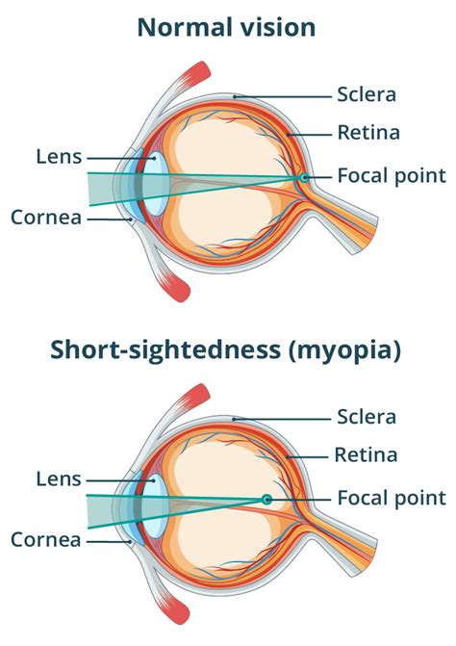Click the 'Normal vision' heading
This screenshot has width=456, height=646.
click(x=226, y=27)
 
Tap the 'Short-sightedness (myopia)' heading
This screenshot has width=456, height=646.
click(x=225, y=349)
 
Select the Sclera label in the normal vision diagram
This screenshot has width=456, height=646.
click(x=367, y=94)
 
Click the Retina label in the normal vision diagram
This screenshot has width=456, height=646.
click(x=368, y=133)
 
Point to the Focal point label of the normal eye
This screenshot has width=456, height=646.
click(x=392, y=176)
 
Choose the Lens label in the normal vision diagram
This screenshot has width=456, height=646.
click(x=59, y=157)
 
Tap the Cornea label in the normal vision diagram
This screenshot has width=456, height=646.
click(x=46, y=218)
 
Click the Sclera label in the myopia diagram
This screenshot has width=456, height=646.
click(x=367, y=417)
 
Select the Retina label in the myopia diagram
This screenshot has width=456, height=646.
click(x=366, y=455)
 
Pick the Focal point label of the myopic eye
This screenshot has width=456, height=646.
click(x=392, y=499)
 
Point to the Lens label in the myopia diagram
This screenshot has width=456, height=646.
click(x=59, y=479)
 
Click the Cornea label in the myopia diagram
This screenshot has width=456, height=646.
click(x=46, y=540)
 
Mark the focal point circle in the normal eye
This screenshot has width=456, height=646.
click(x=304, y=177)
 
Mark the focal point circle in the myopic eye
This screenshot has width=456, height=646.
click(x=266, y=500)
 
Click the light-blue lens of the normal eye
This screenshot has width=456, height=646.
click(x=157, y=184)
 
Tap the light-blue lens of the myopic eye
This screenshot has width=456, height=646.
click(x=156, y=506)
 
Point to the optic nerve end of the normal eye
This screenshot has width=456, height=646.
click(x=366, y=234)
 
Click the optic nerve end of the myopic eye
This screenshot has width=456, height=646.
click(x=365, y=557)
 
